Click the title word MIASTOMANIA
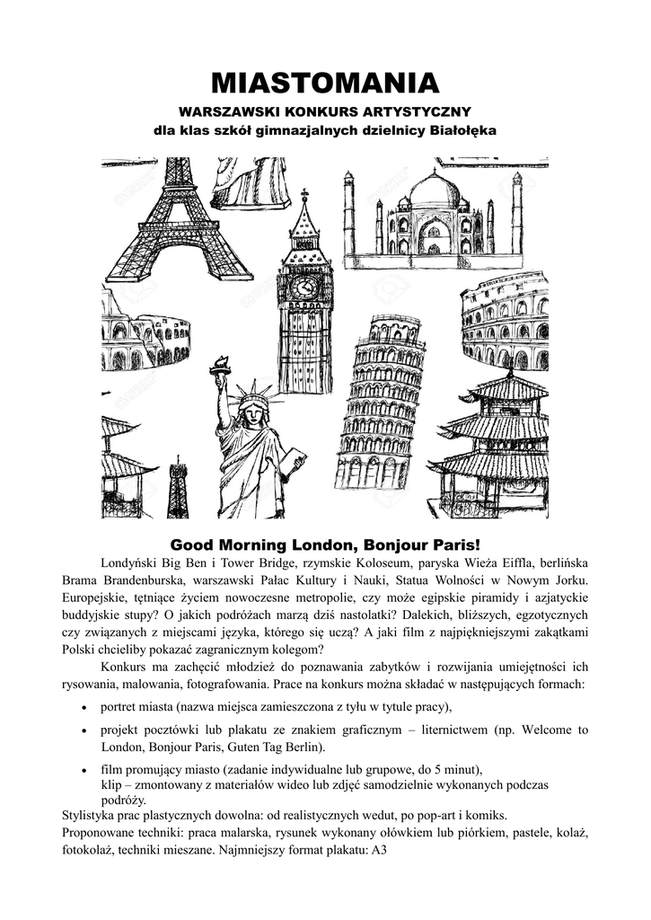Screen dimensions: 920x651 point(325,84)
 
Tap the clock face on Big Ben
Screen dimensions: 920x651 point(304,287)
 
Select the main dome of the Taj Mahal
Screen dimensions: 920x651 point(435,190)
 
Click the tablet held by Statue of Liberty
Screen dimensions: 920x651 point(292,462)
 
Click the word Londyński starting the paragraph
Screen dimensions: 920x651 point(132,564)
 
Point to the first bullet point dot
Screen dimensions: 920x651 point(84,706)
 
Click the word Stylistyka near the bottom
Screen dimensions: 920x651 point(88,816)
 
